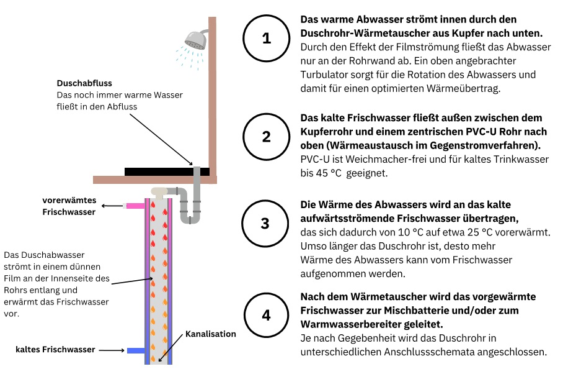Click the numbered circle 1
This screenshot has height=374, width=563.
(267, 39)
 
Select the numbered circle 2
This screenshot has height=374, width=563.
(267, 137)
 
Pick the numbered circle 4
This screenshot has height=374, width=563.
(267, 315)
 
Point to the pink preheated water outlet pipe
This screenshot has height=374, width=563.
(135, 206)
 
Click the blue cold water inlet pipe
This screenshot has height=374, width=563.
(135, 351)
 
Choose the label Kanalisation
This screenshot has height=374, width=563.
(211, 334)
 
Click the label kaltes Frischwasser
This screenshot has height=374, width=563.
(55, 350)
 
